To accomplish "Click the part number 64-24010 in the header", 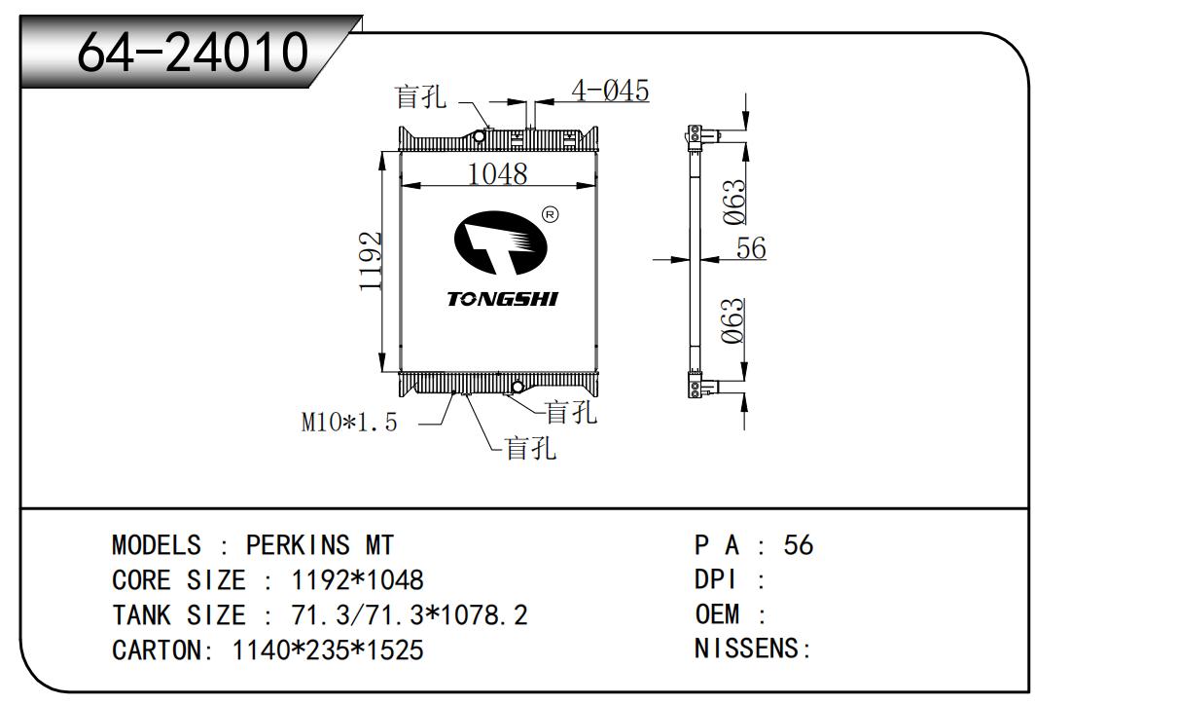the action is [x=193, y=52].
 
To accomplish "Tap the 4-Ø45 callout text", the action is [x=610, y=90].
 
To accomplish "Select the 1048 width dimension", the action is [x=497, y=173].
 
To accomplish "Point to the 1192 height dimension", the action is [x=371, y=261].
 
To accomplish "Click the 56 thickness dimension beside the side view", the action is [x=751, y=247].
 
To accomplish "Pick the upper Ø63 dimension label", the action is [x=734, y=203].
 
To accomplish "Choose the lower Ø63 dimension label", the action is [x=733, y=321].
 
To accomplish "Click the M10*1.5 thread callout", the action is [x=349, y=423].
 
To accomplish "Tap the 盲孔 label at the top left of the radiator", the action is [x=420, y=96].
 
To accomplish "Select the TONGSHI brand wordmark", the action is [x=502, y=299].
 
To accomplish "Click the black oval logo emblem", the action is [x=501, y=242].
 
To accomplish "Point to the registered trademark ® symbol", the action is [x=550, y=215].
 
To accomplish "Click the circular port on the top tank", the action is [x=480, y=137].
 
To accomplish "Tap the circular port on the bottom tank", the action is [x=518, y=388].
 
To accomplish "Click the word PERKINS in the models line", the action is [x=298, y=545].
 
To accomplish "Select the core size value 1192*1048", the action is [x=358, y=580].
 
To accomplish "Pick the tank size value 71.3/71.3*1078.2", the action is [x=410, y=615].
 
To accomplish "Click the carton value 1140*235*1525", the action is [x=328, y=650].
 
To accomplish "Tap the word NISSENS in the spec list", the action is [x=746, y=649].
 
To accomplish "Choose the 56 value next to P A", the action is [x=799, y=545].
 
